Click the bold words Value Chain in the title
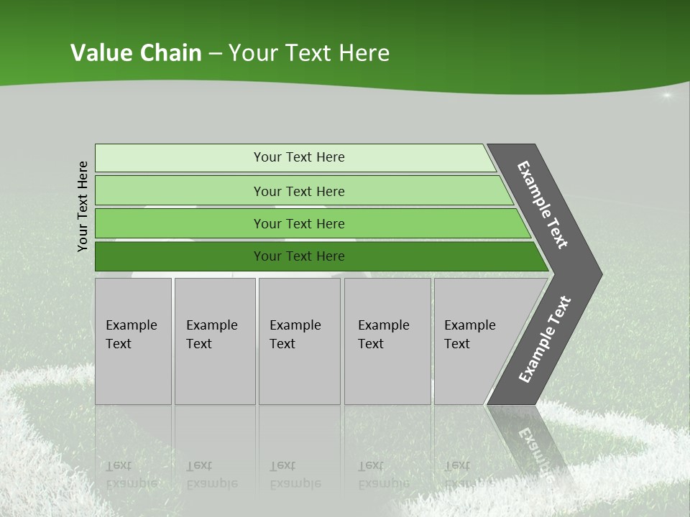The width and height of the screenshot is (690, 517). pos(136,53)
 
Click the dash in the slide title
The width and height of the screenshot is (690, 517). pos(215,54)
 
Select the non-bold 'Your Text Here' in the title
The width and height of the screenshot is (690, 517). pos(309,53)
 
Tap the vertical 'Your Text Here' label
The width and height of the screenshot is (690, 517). pos(83,206)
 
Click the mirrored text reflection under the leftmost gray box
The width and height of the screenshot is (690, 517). pos(132,475)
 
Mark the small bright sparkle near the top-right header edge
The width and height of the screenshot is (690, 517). pos(666,95)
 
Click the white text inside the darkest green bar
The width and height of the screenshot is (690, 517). pos(299,256)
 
